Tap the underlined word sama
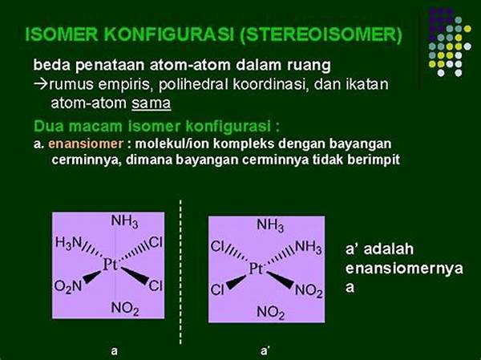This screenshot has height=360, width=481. pos(152,103)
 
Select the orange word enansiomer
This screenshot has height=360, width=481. pos(86,144)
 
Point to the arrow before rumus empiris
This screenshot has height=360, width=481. pos(41,84)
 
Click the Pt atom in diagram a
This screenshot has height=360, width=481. pos(110,265)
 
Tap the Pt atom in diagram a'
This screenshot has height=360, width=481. pos(256,269)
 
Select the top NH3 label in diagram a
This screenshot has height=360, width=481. pos(124,221)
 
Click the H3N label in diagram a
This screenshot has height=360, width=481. pos(68,243)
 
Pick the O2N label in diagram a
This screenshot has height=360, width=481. pos(68,287)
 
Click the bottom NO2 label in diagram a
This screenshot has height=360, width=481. pos(125,308)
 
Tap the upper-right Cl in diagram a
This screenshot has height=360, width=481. pos(156,243)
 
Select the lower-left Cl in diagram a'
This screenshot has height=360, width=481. pos(217,289)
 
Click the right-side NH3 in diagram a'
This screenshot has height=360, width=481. pos(309,247)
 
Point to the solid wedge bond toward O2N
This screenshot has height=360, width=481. pos(91,277)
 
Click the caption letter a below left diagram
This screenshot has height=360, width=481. pos(114,351)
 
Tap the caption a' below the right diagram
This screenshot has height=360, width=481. pos(265,350)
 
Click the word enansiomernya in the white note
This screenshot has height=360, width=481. pos(404,269)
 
